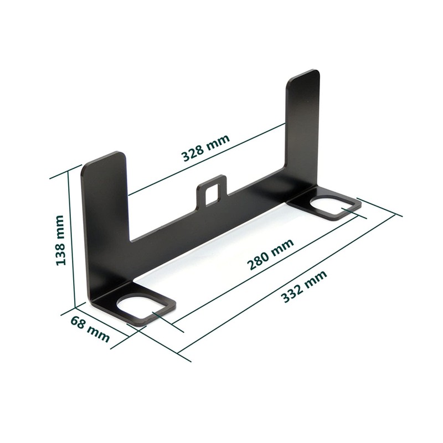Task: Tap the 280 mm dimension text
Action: (x=270, y=255)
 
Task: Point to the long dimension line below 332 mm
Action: (x=288, y=282)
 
